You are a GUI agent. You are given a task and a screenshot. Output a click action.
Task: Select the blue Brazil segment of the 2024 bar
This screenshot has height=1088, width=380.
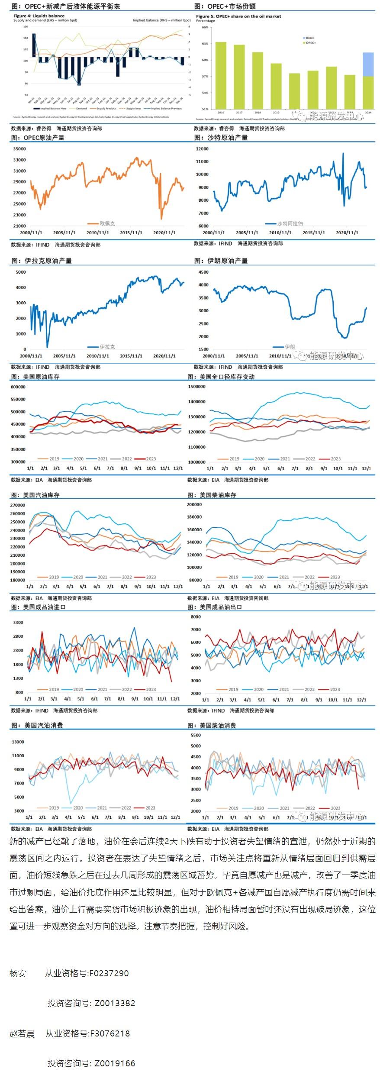368,64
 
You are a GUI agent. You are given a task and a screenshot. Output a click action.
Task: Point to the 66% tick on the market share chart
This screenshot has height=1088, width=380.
205,27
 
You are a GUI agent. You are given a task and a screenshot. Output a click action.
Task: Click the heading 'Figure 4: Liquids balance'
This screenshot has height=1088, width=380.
39,16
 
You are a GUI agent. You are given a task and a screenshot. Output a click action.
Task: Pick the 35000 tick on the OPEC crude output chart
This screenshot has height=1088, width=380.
19,149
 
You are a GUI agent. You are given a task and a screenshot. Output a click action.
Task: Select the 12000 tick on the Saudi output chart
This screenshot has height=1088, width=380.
202,149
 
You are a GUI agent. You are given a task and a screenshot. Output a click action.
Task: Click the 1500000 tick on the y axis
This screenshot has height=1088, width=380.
197,387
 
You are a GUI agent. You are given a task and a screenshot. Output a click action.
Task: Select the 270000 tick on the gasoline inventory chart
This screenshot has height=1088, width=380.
18,505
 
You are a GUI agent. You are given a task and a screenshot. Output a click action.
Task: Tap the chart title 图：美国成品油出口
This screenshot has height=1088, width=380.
215,607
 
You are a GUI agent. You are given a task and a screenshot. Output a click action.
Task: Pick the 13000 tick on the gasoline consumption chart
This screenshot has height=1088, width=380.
18,742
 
